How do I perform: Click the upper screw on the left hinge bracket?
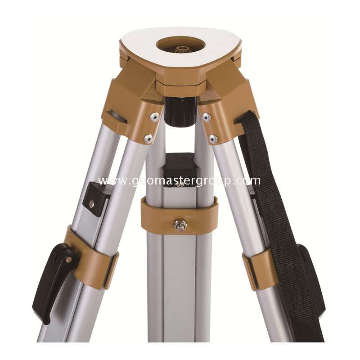coord(155,117)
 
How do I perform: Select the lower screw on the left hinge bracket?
coord(148,139)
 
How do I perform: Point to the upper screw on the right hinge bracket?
coord(207,117)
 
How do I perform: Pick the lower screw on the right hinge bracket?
coord(213,139)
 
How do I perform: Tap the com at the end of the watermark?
coord(250,181)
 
